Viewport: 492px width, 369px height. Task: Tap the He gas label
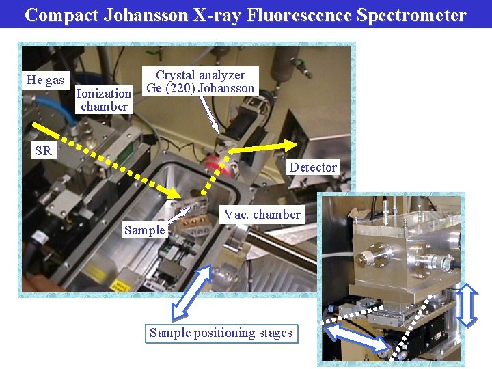coord(45,80)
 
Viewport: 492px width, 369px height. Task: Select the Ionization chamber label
coord(104,100)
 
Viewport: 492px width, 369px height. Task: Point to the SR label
coord(43,151)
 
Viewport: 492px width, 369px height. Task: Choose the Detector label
coord(313,167)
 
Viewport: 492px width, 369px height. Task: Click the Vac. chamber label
coord(262,214)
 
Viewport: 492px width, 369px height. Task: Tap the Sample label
coord(144,230)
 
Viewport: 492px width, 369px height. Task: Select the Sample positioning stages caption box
coord(221,333)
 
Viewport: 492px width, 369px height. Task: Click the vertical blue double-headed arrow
coord(466,305)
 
